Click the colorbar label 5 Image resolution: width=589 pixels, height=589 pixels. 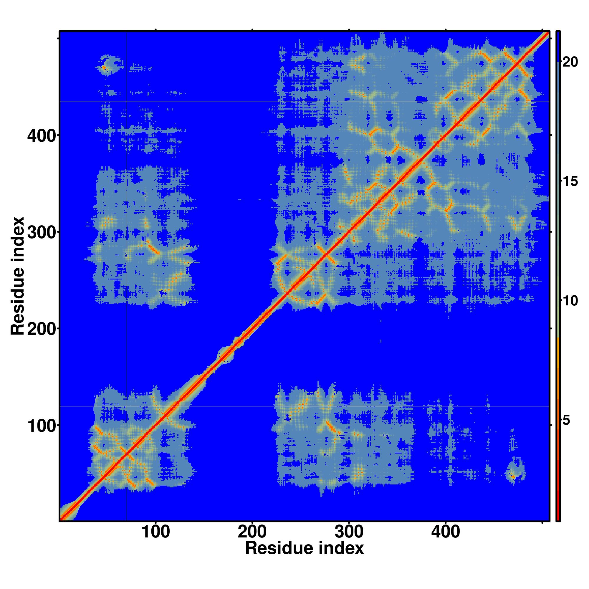[x=566, y=421]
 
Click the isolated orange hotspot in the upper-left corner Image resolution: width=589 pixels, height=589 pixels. [x=104, y=68]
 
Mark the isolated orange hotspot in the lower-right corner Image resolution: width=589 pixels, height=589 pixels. [x=513, y=476]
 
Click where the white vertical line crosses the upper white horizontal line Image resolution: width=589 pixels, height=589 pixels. [x=126, y=102]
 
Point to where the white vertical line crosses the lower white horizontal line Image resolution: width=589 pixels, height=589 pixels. [x=126, y=406]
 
